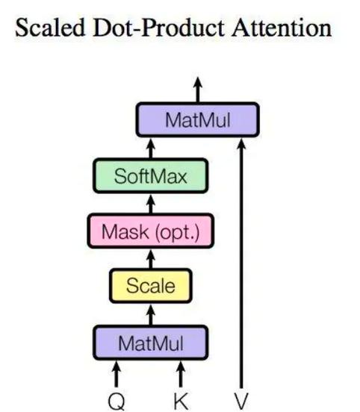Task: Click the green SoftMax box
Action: coord(151,176)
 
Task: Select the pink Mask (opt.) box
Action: coord(151,231)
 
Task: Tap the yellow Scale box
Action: coord(151,286)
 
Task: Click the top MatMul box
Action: coord(198,119)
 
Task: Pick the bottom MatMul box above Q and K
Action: coord(151,343)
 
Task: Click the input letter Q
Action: coord(117,402)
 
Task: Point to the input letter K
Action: coord(181,402)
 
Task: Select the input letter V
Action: coord(241,402)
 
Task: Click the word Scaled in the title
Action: coord(50,28)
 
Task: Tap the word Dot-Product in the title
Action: coord(159,28)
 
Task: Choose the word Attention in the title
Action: coord(282,28)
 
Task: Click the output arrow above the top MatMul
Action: coord(198,90)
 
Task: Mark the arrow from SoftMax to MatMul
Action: coord(151,149)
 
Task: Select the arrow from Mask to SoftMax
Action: coord(151,204)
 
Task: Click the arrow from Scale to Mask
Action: coord(151,259)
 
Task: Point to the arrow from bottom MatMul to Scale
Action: coord(151,315)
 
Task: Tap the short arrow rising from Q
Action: coord(117,374)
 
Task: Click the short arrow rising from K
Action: coord(181,374)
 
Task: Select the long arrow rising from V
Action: coord(241,263)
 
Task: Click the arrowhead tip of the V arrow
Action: coord(241,139)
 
